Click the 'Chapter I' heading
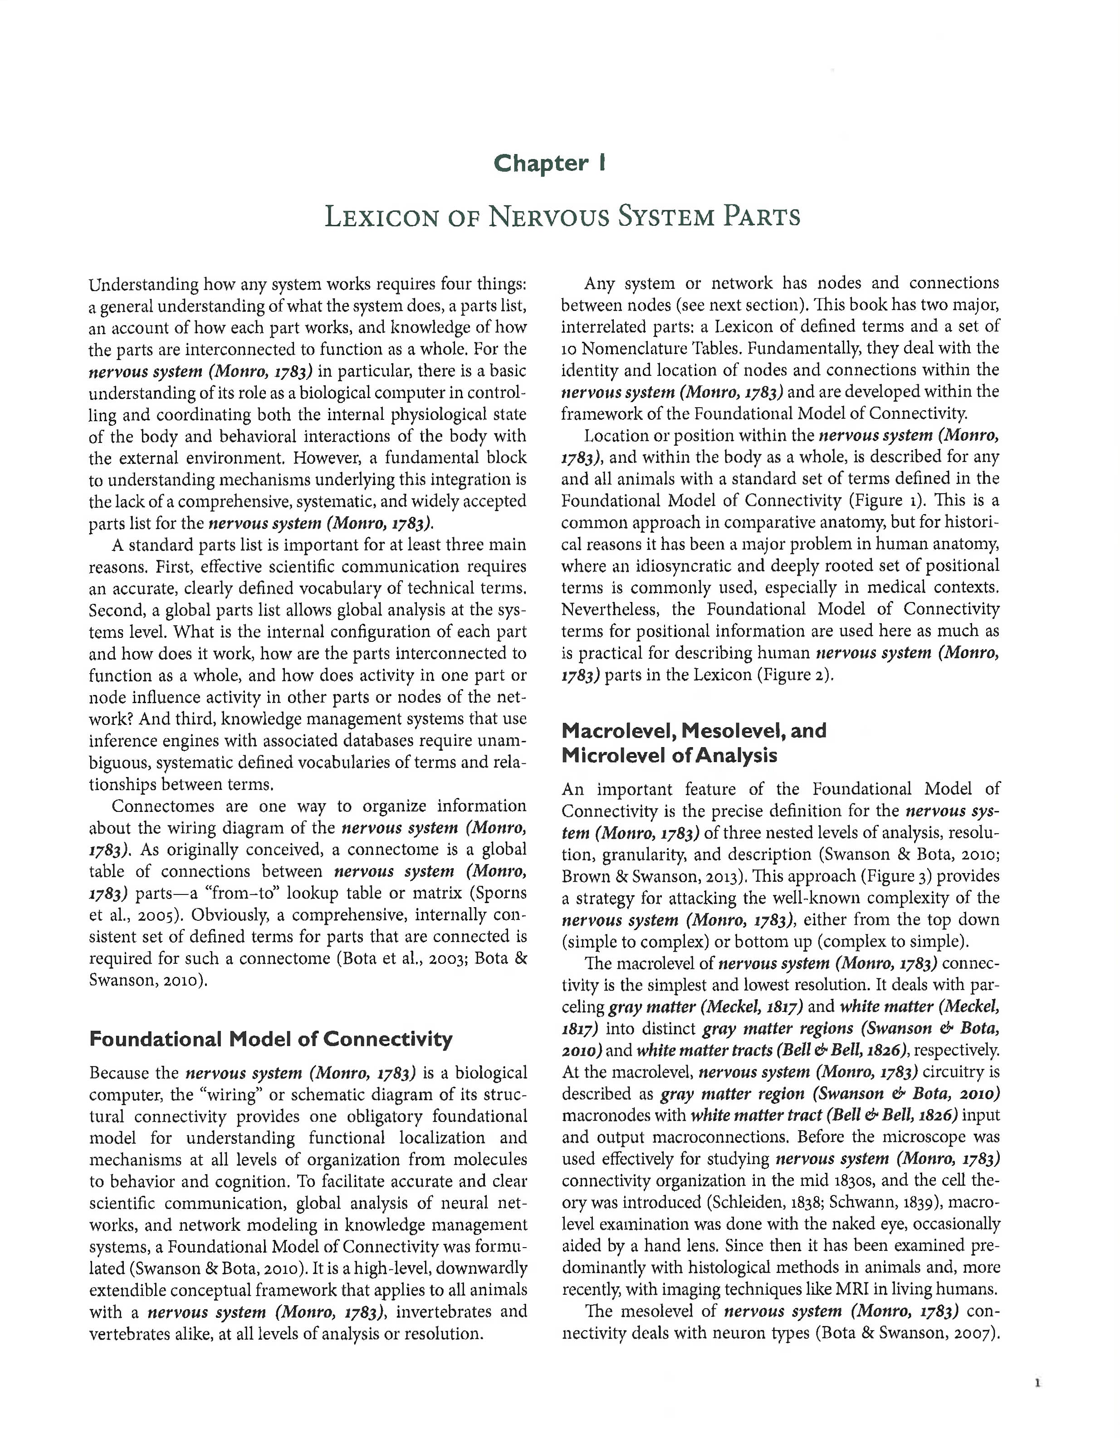549,163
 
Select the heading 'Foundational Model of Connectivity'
271,1039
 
